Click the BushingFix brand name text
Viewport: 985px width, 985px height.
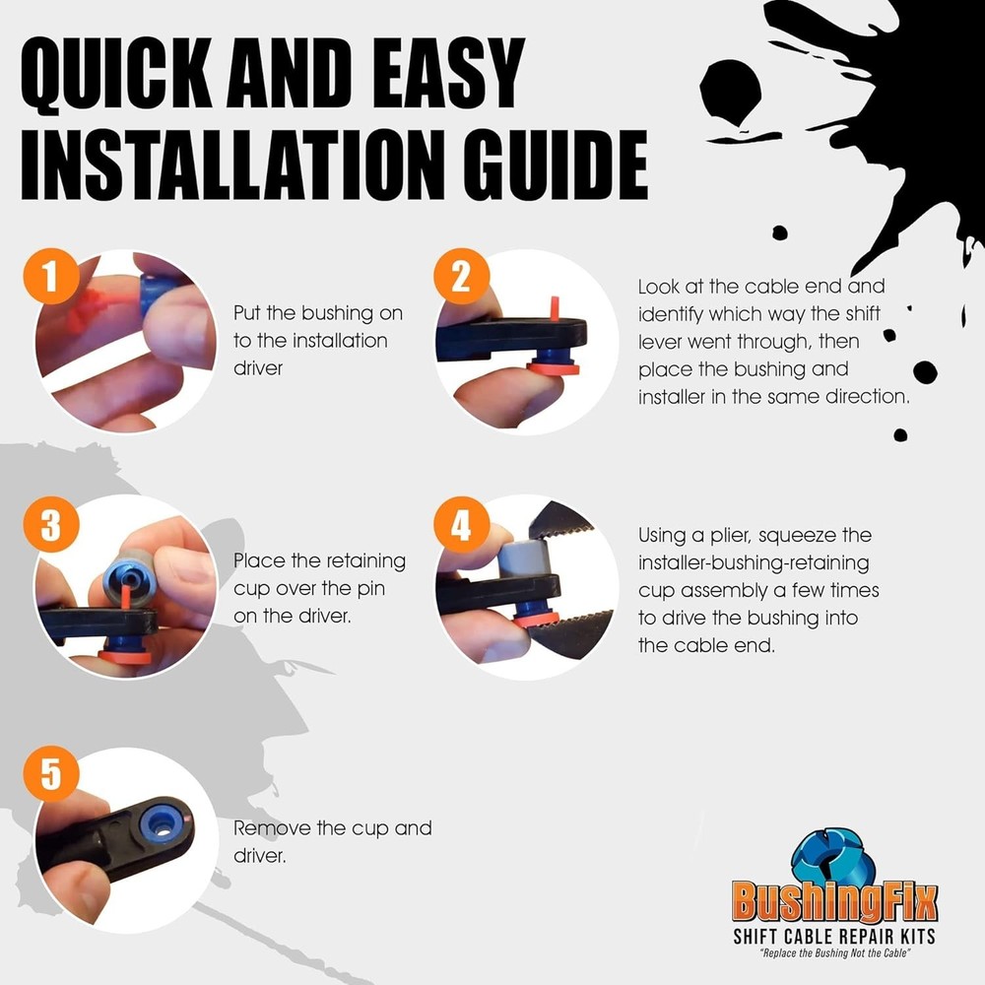[x=834, y=902]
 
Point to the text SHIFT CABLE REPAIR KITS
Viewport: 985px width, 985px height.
[x=834, y=936]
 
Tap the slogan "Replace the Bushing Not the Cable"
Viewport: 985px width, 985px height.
[x=834, y=953]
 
